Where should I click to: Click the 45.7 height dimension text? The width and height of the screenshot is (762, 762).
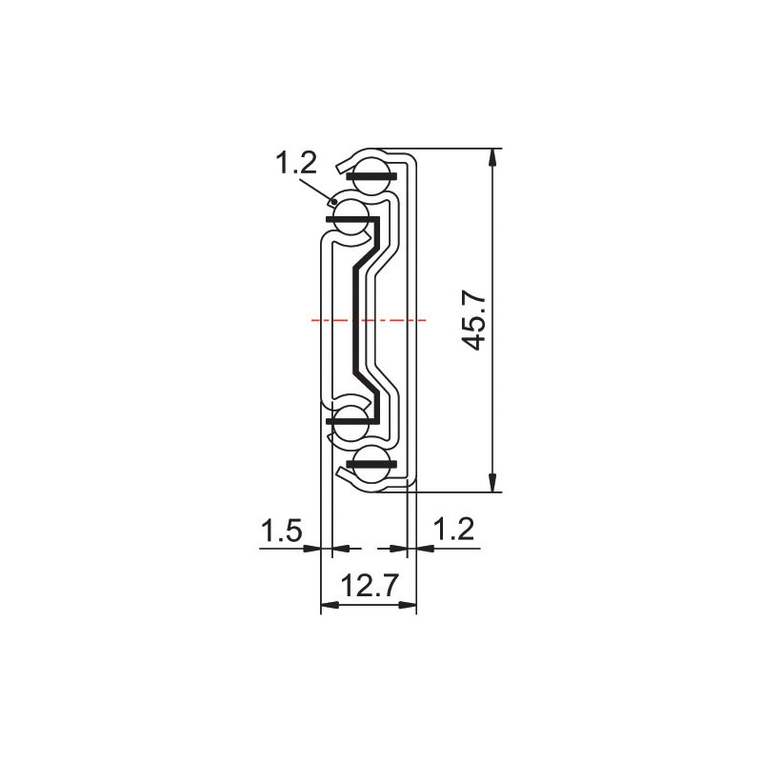click(x=472, y=321)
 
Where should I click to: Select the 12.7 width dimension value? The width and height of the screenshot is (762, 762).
click(x=370, y=585)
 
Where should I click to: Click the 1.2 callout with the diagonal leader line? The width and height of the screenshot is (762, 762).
click(x=296, y=162)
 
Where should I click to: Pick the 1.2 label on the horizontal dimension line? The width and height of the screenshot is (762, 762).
click(x=453, y=529)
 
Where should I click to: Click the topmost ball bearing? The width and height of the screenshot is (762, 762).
click(x=371, y=175)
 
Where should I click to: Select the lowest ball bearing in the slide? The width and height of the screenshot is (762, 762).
click(x=371, y=464)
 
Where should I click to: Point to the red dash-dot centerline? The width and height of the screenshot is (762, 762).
click(x=369, y=320)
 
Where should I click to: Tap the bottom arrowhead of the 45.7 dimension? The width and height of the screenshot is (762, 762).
click(x=492, y=482)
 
